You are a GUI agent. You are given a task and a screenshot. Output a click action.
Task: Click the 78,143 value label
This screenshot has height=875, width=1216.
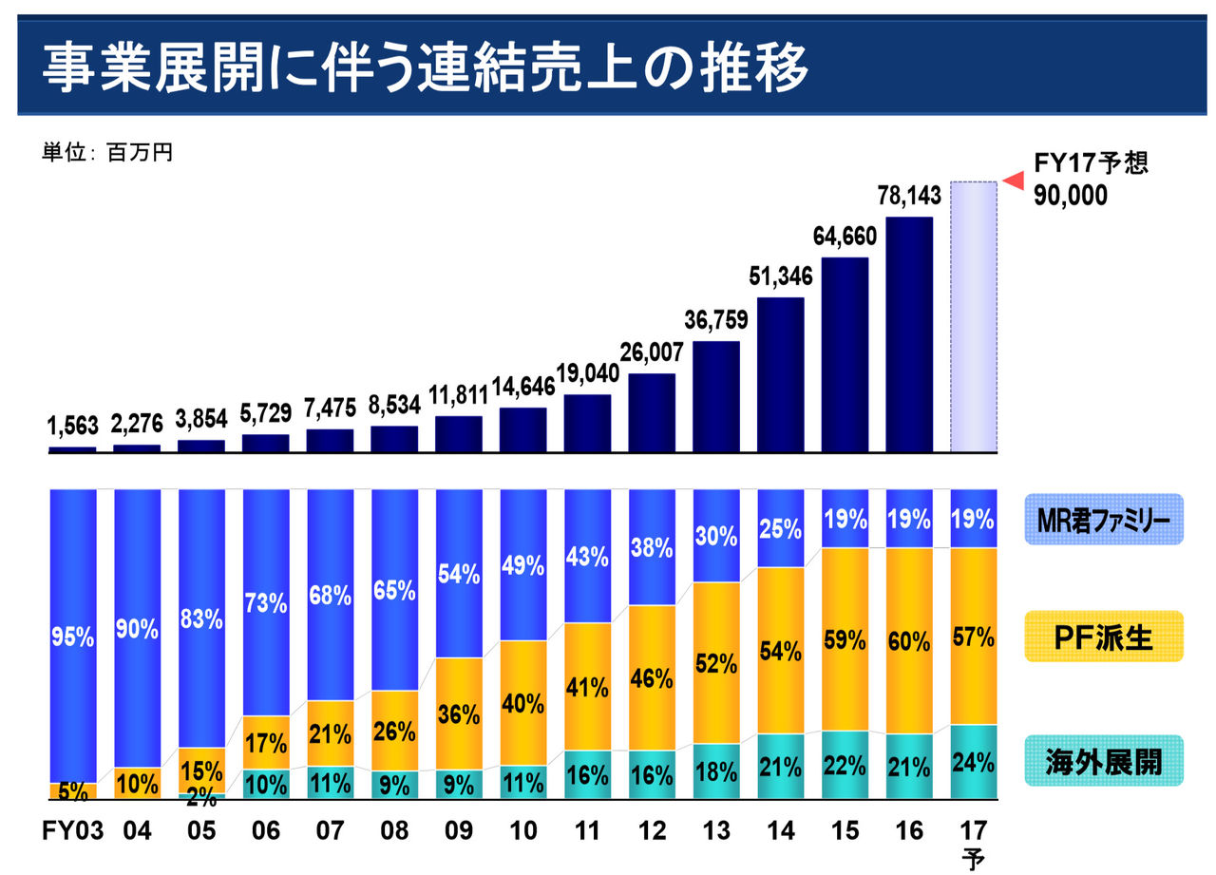909,196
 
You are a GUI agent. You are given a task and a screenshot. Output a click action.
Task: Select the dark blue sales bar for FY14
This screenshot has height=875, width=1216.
781,374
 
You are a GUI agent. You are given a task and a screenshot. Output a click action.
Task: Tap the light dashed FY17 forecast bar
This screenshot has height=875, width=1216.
974,316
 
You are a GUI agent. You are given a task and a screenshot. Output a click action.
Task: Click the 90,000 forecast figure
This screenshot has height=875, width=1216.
1072,196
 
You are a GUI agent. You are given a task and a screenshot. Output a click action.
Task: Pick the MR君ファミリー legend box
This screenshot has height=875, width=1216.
1103,520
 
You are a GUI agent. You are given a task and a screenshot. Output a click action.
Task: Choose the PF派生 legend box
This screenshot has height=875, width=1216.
1103,637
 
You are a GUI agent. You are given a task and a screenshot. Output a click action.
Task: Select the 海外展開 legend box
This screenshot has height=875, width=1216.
1103,760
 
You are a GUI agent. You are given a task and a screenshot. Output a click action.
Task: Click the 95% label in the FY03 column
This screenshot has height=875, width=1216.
72,637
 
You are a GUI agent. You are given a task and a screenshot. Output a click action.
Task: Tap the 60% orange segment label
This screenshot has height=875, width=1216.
909,641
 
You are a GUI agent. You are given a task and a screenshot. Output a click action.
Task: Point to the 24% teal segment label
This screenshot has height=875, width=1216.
974,762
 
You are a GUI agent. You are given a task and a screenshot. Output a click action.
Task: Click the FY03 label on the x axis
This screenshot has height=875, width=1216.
71,830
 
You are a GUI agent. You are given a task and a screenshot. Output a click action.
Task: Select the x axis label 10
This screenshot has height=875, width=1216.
522,830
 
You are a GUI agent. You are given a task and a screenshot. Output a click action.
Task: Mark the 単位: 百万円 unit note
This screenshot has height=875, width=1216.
106,152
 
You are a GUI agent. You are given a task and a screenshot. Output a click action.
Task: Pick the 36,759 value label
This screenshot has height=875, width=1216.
716,319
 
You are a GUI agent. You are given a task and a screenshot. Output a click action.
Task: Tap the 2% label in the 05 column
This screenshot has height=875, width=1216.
201,798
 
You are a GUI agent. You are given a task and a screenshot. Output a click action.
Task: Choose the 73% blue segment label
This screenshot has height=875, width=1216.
265,601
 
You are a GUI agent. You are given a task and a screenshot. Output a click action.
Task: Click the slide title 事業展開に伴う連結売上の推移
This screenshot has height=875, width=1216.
425,67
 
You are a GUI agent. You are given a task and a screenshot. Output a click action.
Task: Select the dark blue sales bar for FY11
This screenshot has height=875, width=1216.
587,423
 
